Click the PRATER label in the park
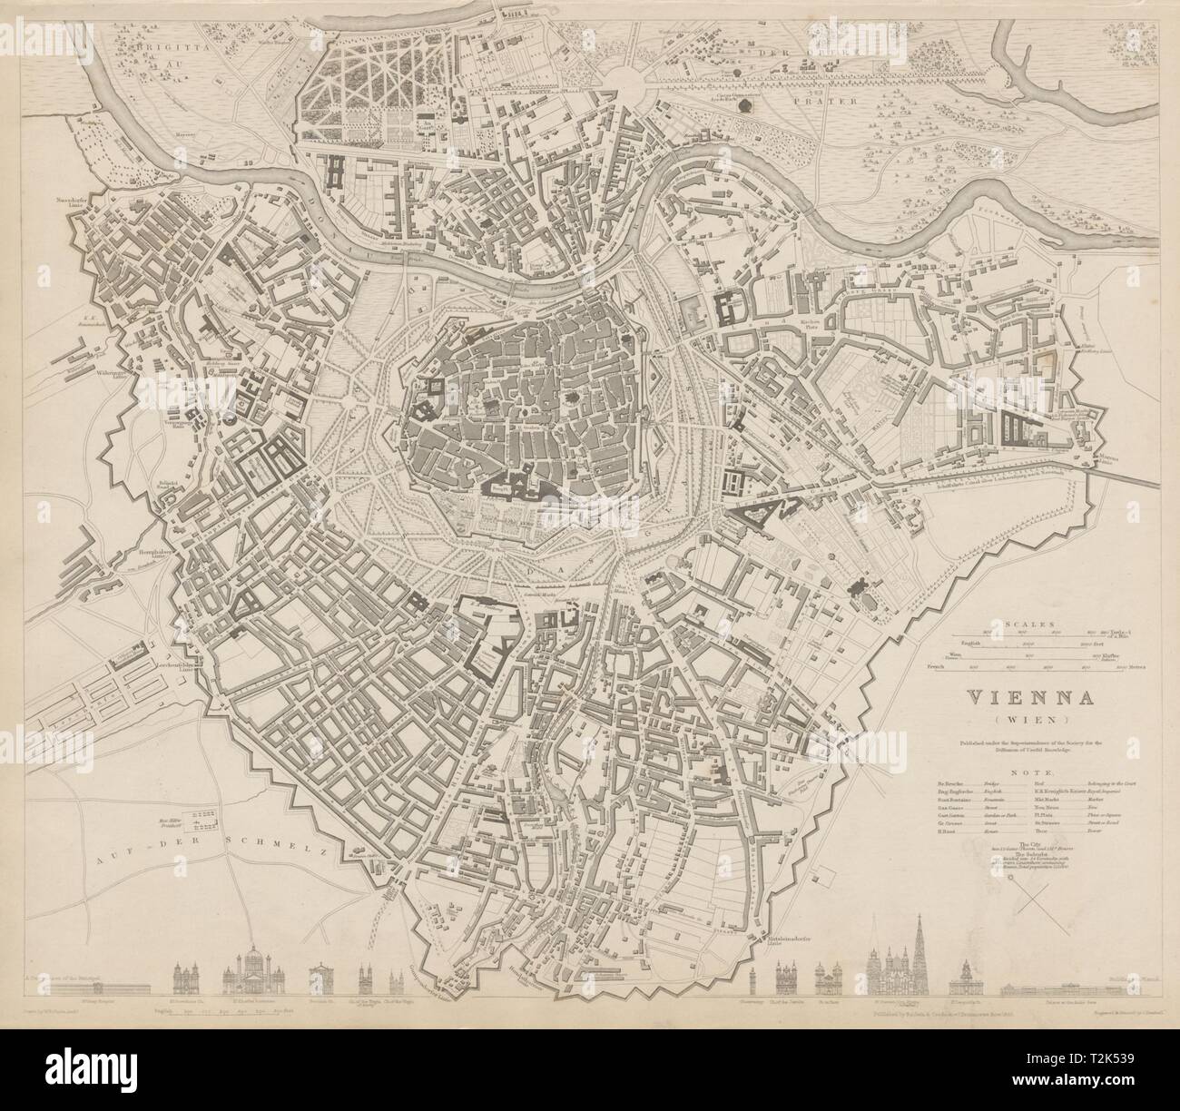[x=837, y=103]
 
